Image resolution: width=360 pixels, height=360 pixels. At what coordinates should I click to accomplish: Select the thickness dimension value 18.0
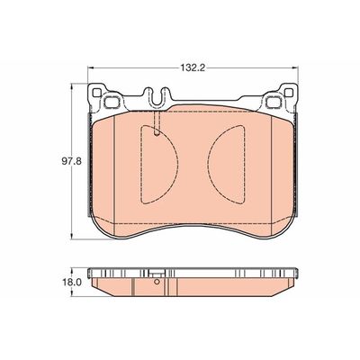point(58,281)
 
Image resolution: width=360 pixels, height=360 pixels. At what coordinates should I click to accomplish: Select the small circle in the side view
point(157,289)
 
